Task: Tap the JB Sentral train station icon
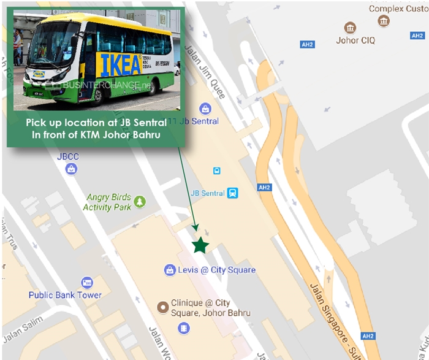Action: (x=232, y=193)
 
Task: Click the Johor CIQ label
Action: (x=356, y=41)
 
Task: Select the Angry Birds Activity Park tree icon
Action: (x=140, y=201)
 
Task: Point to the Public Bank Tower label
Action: (x=64, y=295)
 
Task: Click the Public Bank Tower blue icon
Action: (x=87, y=283)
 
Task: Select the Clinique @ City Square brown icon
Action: (x=163, y=307)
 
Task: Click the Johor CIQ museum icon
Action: (x=350, y=28)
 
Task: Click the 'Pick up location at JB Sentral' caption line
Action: (x=96, y=123)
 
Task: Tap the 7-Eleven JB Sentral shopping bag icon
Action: (x=205, y=109)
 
